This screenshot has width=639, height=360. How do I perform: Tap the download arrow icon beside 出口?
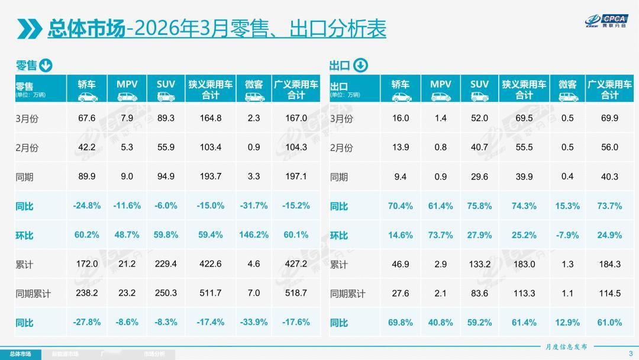360,66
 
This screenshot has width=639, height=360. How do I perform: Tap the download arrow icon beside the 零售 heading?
46,66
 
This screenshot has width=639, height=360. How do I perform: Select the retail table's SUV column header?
166,89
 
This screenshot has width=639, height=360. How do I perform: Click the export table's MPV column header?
440,89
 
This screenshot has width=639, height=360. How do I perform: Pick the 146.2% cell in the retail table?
253,235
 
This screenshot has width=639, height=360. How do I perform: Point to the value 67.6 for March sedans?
87,118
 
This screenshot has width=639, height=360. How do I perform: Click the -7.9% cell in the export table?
567,235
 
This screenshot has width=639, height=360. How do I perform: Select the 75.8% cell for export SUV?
479,206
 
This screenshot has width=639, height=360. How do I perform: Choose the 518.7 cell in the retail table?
296,294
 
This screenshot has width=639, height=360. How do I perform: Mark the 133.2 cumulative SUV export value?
479,264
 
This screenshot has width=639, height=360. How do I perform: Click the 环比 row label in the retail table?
24,236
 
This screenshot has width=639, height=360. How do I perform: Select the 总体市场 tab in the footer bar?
20,354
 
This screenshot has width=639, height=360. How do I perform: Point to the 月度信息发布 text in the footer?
566,347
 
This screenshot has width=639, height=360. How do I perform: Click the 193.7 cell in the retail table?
210,176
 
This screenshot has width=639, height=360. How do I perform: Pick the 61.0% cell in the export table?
609,323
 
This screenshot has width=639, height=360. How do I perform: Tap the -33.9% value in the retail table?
253,323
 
